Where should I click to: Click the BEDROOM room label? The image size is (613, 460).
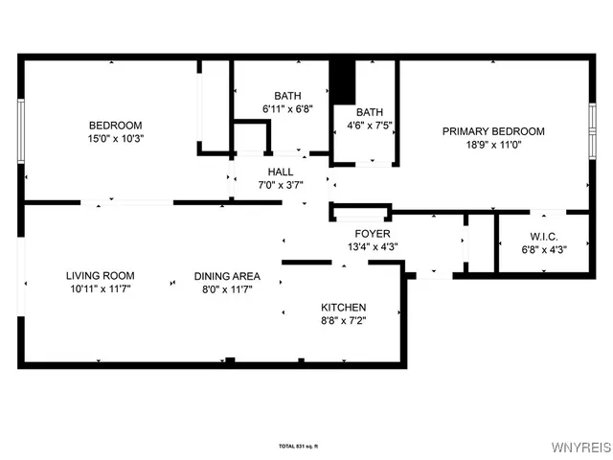tap(115, 126)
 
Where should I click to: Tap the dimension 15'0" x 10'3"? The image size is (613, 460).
tap(115, 138)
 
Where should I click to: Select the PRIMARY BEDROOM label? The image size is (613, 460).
tap(492, 131)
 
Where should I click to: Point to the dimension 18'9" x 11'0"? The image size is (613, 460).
tap(492, 144)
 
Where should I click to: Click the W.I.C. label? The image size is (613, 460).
tap(543, 237)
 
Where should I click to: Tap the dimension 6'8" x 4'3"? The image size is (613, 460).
tap(543, 249)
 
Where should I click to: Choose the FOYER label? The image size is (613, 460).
tap(372, 234)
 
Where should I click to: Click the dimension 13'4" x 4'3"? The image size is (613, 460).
tap(372, 246)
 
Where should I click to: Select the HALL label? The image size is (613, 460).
tap(281, 172)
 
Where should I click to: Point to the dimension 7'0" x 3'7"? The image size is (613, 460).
tap(281, 185)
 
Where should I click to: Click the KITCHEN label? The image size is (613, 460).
tap(343, 308)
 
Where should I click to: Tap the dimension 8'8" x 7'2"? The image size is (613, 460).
tap(343, 320)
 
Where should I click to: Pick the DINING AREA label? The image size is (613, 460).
tap(227, 276)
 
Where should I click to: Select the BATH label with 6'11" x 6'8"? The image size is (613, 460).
tap(287, 96)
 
